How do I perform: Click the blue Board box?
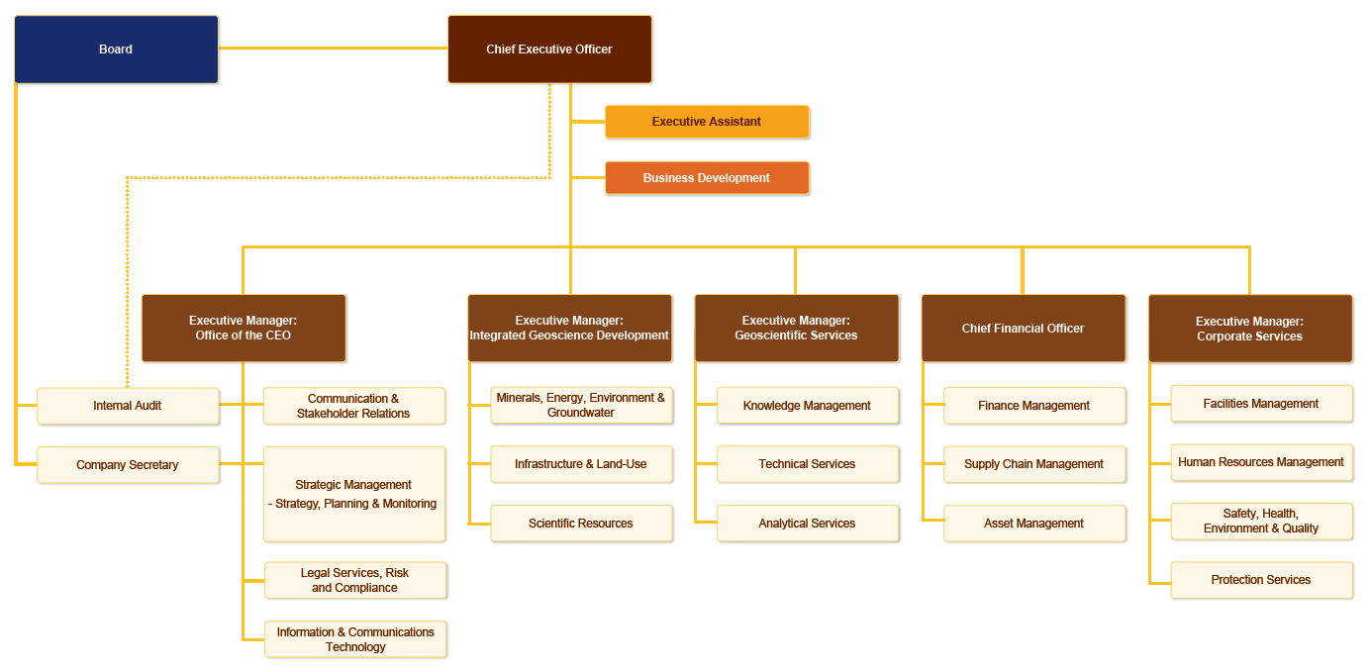tap(116, 48)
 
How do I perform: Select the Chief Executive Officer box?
tap(549, 48)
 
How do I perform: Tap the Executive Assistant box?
tap(707, 122)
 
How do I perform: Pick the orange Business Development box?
tap(707, 178)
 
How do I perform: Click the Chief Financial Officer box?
tap(1024, 329)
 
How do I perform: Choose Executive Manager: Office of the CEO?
tap(244, 329)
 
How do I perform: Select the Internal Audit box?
tap(128, 406)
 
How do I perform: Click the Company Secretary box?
tap(128, 465)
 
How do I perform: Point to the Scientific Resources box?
tap(581, 523)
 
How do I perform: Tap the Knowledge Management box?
tap(808, 406)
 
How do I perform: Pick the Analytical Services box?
tap(808, 523)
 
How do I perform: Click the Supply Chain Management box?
tap(1034, 464)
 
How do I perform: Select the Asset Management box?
tap(1034, 523)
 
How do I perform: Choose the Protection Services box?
tap(1261, 580)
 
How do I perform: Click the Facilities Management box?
tap(1261, 404)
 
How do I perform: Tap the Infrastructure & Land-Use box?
tap(581, 464)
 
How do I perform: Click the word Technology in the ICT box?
tap(355, 647)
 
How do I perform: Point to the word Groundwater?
tap(581, 413)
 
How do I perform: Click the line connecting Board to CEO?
tap(333, 48)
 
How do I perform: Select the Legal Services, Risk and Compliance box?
tap(355, 580)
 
